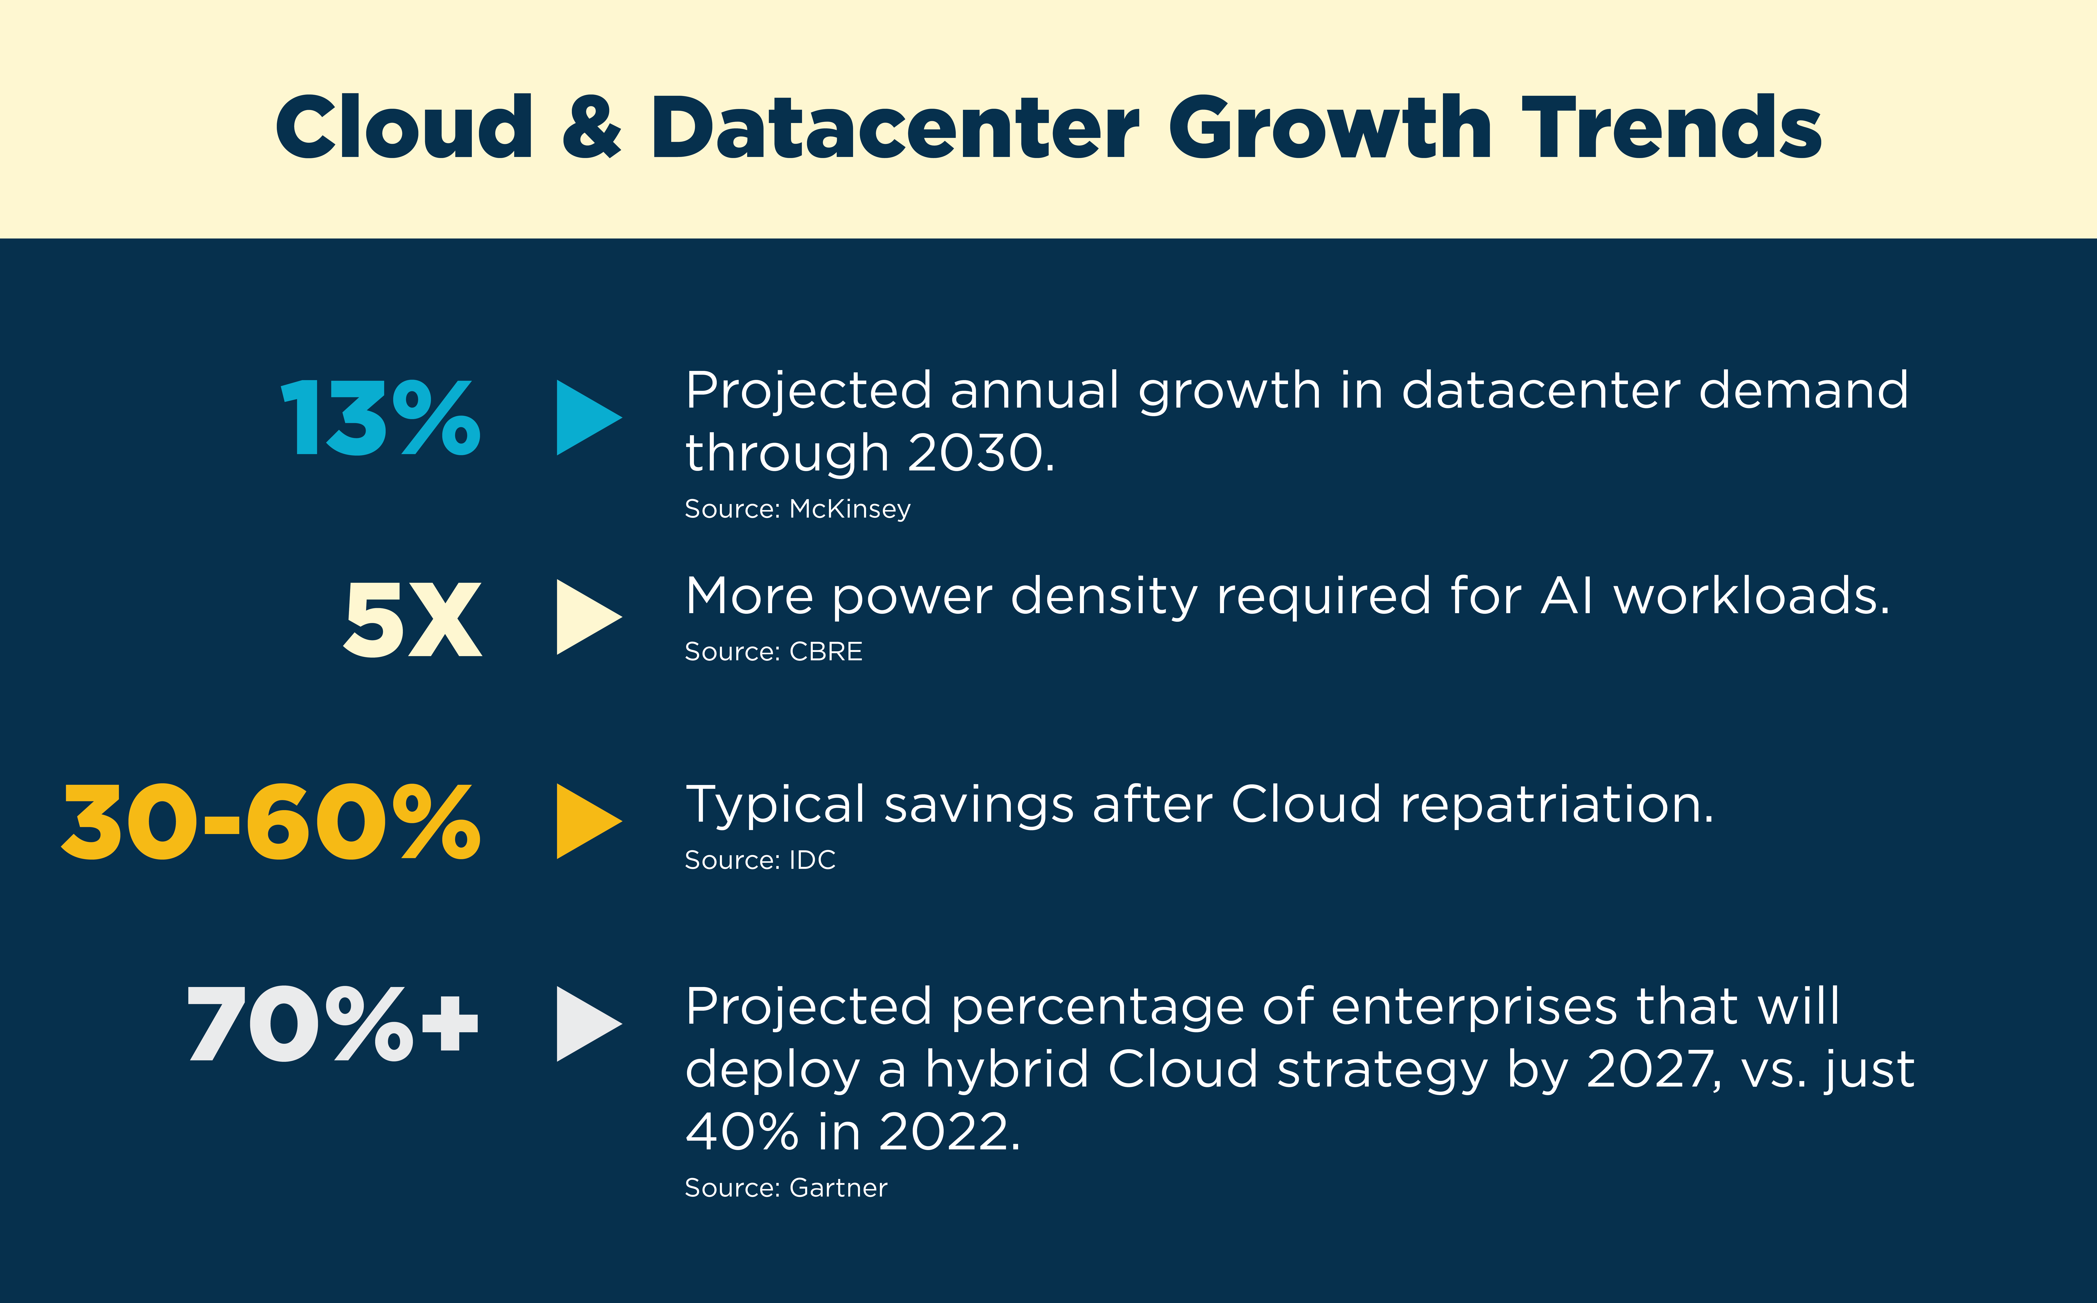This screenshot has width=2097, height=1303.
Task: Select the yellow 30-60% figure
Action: coord(270,823)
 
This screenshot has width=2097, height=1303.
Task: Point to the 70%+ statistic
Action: coord(332,1025)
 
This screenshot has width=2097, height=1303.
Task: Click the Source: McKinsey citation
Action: coord(797,509)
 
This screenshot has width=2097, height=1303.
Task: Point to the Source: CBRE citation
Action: coord(773,651)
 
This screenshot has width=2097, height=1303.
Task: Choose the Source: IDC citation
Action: coord(760,860)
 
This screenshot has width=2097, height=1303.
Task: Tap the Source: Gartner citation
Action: coord(786,1188)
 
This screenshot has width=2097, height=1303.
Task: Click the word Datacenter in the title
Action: coord(894,128)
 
